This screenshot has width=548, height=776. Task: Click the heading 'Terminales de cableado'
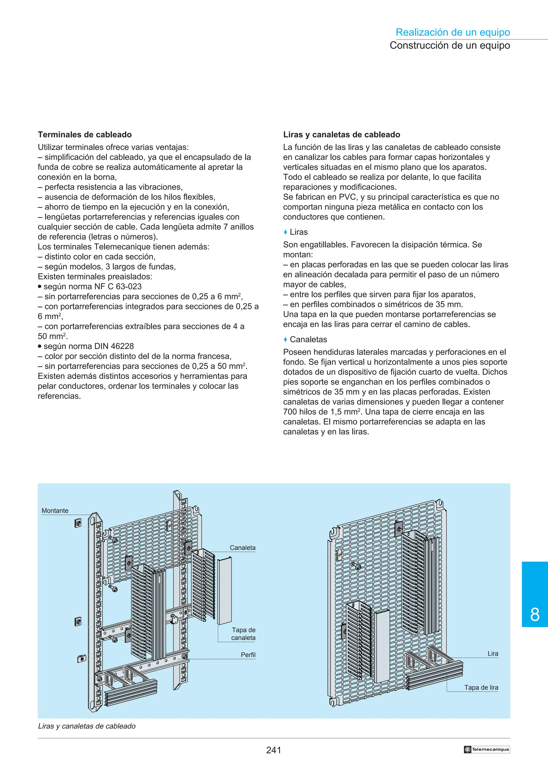85,134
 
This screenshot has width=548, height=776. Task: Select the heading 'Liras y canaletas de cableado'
341,134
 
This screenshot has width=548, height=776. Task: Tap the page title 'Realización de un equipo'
452,32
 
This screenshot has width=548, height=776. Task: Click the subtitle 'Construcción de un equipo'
450,45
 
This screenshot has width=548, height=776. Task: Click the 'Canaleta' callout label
242,548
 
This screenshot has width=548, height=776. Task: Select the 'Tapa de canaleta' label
243,634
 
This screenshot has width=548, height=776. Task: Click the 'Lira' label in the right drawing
493,654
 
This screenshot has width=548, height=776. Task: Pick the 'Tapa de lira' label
481,687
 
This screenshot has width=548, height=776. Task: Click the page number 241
273,750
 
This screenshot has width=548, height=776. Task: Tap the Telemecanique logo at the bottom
486,749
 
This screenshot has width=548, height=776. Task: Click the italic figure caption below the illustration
87,726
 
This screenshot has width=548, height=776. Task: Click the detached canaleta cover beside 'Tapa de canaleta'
224,592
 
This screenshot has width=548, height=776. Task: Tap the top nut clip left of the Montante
78,523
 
